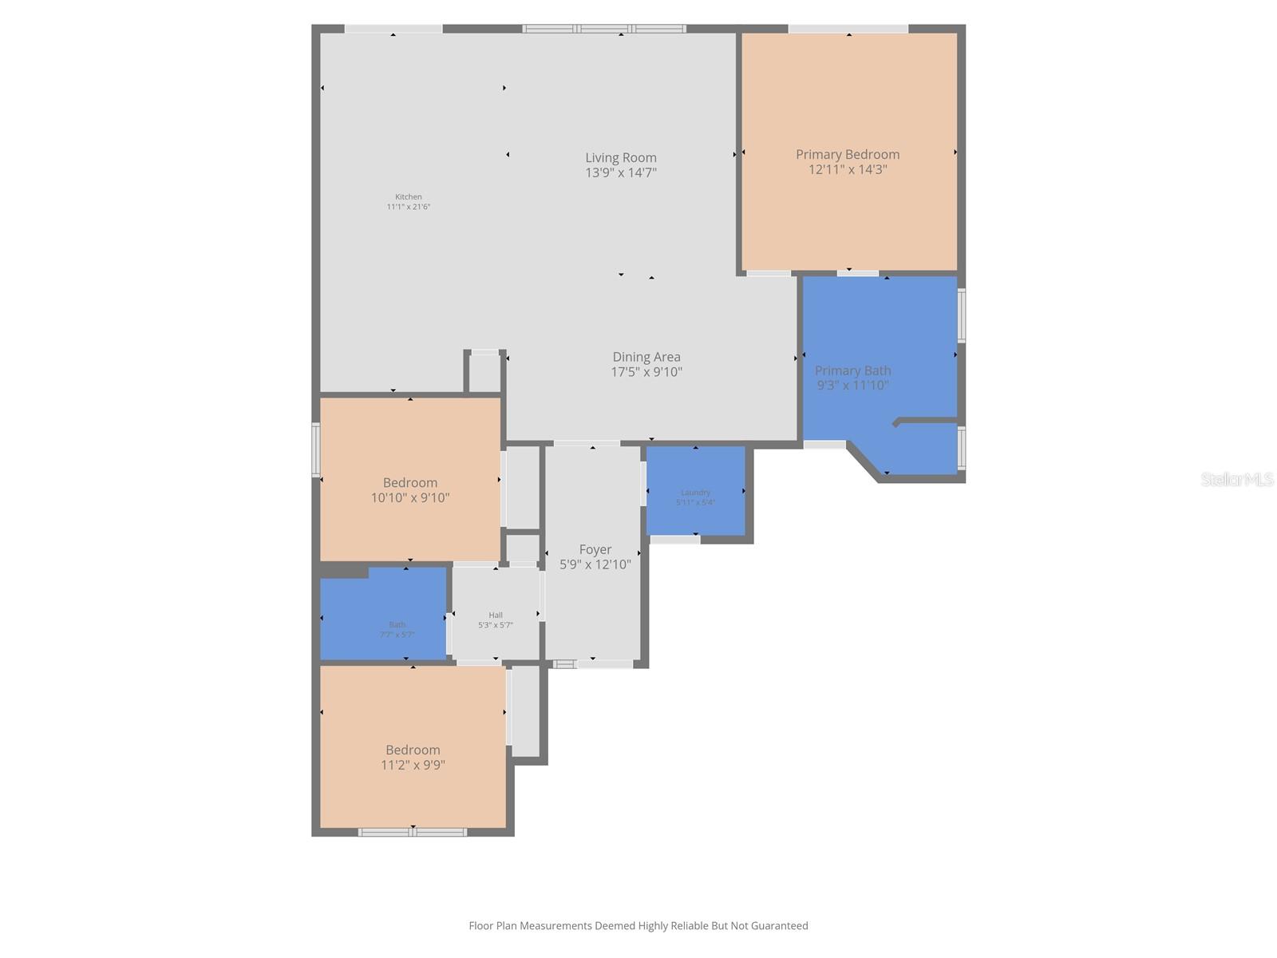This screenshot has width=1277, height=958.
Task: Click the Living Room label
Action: tap(620, 158)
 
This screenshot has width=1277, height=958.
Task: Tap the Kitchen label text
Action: tap(408, 197)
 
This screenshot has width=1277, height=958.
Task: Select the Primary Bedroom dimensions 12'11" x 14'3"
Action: tap(848, 169)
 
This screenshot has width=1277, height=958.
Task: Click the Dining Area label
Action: tap(646, 357)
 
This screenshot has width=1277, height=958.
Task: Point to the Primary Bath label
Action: tap(852, 370)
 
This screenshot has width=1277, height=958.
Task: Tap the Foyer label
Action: tap(595, 549)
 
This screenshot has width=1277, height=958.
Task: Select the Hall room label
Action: tap(496, 616)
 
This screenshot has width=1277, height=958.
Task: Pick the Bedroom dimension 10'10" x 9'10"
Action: tap(410, 497)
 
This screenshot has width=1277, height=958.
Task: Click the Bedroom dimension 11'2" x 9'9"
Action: tap(413, 765)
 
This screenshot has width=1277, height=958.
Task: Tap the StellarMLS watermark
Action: tap(1236, 479)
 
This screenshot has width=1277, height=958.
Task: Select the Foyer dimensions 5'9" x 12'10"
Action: tap(595, 564)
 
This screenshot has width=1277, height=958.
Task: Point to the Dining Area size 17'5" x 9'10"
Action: tap(646, 372)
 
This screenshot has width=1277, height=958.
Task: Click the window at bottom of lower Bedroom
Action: tap(413, 833)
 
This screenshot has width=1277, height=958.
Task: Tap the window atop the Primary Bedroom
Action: tap(848, 29)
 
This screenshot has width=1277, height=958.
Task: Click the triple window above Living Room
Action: tap(604, 29)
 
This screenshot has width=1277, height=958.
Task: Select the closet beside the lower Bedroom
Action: tap(525, 711)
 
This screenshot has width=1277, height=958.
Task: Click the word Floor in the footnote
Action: tap(481, 926)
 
